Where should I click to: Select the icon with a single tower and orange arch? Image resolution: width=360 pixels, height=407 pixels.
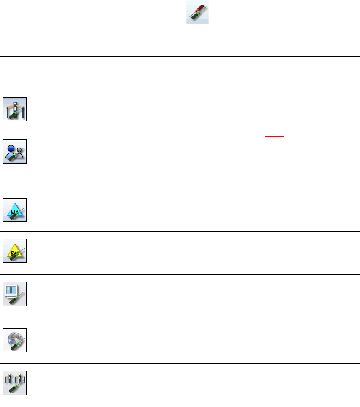(15, 109)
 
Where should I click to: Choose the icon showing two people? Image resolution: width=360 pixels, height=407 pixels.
(15, 151)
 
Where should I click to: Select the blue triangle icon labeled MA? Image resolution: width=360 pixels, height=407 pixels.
(15, 210)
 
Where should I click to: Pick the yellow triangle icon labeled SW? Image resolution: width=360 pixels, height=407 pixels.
(15, 251)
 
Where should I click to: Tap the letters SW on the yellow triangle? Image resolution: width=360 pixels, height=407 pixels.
(15, 249)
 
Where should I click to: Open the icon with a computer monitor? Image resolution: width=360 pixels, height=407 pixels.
(15, 293)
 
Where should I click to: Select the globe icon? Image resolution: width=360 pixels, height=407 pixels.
(15, 340)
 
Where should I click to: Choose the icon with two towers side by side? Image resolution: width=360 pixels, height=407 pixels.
(15, 383)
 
